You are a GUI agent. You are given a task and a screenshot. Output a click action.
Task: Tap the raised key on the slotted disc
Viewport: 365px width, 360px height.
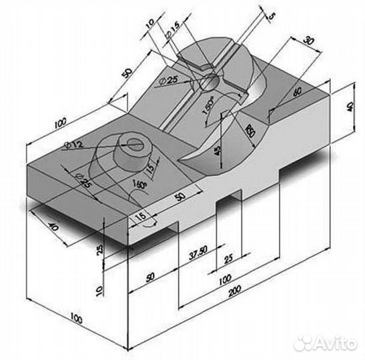tap(200, 66)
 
